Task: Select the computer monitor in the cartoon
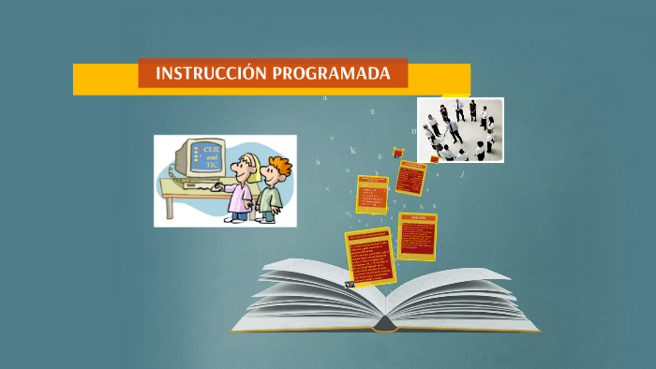click(x=204, y=160)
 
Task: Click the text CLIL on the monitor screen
click(x=211, y=149)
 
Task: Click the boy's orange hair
click(x=277, y=166)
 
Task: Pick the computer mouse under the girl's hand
click(x=222, y=184)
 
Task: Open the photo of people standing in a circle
click(x=460, y=129)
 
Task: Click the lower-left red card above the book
click(x=369, y=256)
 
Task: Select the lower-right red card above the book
click(x=417, y=236)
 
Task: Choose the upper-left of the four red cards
click(x=372, y=193)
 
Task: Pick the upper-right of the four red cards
click(x=410, y=177)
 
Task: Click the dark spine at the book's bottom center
click(x=384, y=325)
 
